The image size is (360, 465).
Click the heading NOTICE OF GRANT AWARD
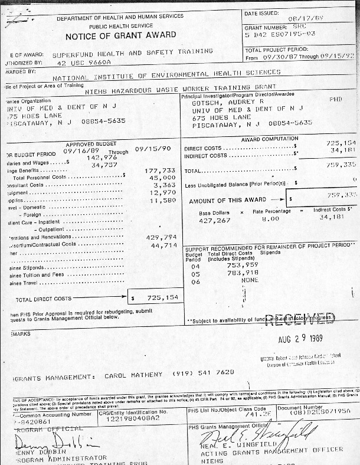tap(120, 35)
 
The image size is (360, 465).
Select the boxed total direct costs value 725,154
tap(158, 298)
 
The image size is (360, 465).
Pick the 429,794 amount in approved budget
tap(161, 237)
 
